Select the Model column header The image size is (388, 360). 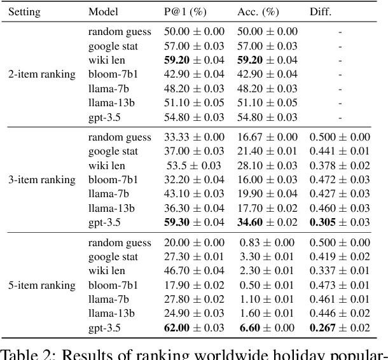click(x=103, y=12)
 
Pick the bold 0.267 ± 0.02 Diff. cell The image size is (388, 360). click(x=338, y=328)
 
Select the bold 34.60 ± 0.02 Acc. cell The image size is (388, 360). click(x=267, y=222)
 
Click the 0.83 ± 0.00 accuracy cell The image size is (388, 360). click(x=267, y=243)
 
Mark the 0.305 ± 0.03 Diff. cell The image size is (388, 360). click(x=338, y=222)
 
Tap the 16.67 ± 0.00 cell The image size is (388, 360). click(x=267, y=137)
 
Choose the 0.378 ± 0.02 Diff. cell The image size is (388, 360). click(x=338, y=165)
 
